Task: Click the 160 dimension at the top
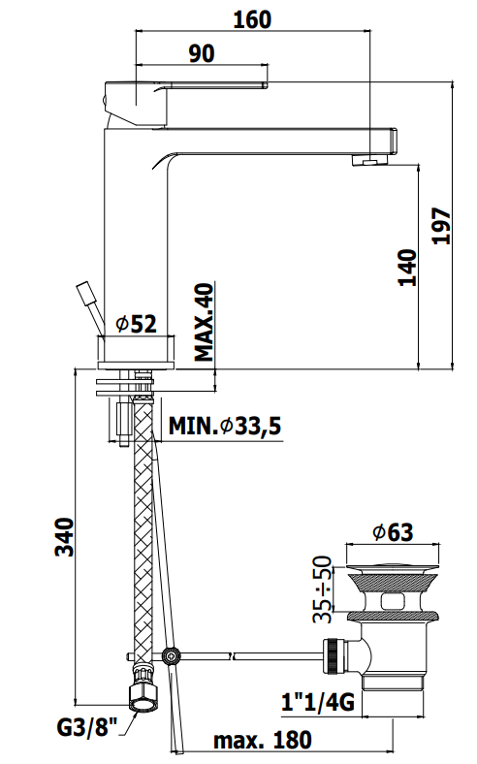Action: coord(252,19)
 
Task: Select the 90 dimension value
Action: coord(202,53)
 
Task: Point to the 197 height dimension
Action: coord(441,226)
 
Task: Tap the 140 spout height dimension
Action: coord(408,268)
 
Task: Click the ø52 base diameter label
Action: coord(137,324)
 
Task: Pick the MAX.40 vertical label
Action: coord(205,322)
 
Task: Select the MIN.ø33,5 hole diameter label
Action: coord(225,426)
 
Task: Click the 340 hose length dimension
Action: coord(64,537)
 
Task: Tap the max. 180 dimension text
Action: coord(262,740)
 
